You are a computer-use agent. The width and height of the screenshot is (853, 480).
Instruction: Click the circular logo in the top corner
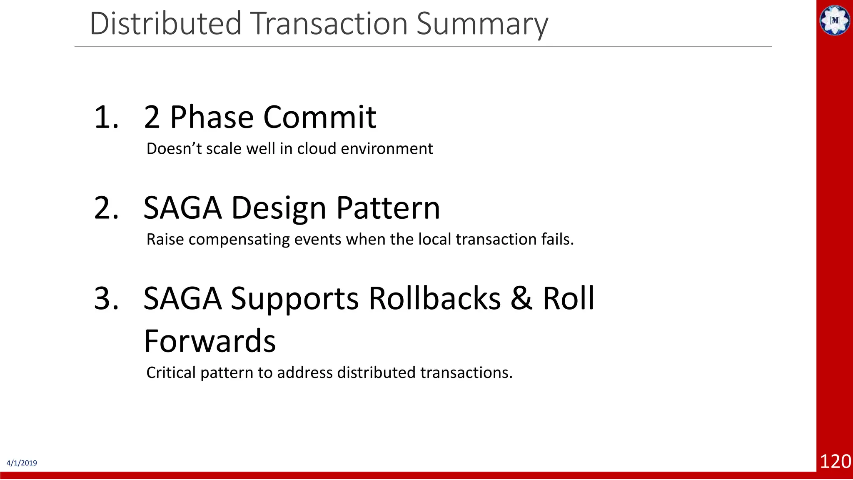[x=835, y=20]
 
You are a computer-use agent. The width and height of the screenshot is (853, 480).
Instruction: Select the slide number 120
[x=835, y=462]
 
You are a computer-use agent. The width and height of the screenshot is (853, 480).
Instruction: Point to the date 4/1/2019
[x=22, y=463]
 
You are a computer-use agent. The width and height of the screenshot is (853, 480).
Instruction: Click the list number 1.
[x=107, y=117]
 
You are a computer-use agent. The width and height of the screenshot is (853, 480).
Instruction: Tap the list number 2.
[x=107, y=208]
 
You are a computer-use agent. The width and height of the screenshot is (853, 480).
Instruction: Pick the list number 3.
[x=107, y=299]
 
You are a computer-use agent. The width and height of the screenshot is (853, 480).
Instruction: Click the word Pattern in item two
[x=388, y=208]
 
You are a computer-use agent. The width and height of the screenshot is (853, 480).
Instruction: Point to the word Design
[x=279, y=209]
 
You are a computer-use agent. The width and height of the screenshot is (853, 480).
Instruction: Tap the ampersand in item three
[x=521, y=298]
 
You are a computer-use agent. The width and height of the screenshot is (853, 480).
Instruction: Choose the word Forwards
[x=210, y=341]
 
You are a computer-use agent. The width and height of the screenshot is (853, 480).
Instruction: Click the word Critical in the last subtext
[x=171, y=372]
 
